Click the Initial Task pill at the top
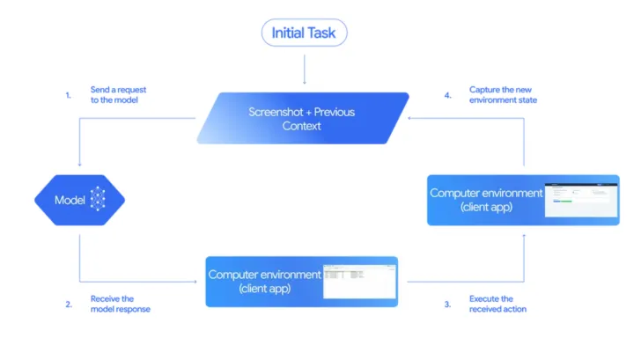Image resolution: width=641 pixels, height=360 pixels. [304, 33]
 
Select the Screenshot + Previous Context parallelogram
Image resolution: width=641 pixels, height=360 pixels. [303, 118]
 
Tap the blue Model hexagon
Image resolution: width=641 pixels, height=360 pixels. [79, 200]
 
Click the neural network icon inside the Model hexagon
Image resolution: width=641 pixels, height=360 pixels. [97, 200]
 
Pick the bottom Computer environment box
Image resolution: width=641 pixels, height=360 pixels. [301, 281]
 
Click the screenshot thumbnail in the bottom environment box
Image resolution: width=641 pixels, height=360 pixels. [357, 280]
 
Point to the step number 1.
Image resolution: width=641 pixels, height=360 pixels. [69, 95]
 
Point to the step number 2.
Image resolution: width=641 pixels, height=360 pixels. [69, 305]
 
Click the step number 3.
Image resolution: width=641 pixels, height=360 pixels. [447, 305]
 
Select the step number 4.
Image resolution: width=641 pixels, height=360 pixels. [447, 95]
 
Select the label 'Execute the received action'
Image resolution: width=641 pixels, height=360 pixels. [498, 305]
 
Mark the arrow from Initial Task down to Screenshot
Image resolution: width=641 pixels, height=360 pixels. [304, 68]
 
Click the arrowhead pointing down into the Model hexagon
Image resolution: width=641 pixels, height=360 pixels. [79, 165]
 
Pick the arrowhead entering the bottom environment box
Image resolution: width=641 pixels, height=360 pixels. [198, 282]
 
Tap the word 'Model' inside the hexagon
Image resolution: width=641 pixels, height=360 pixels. [70, 200]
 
